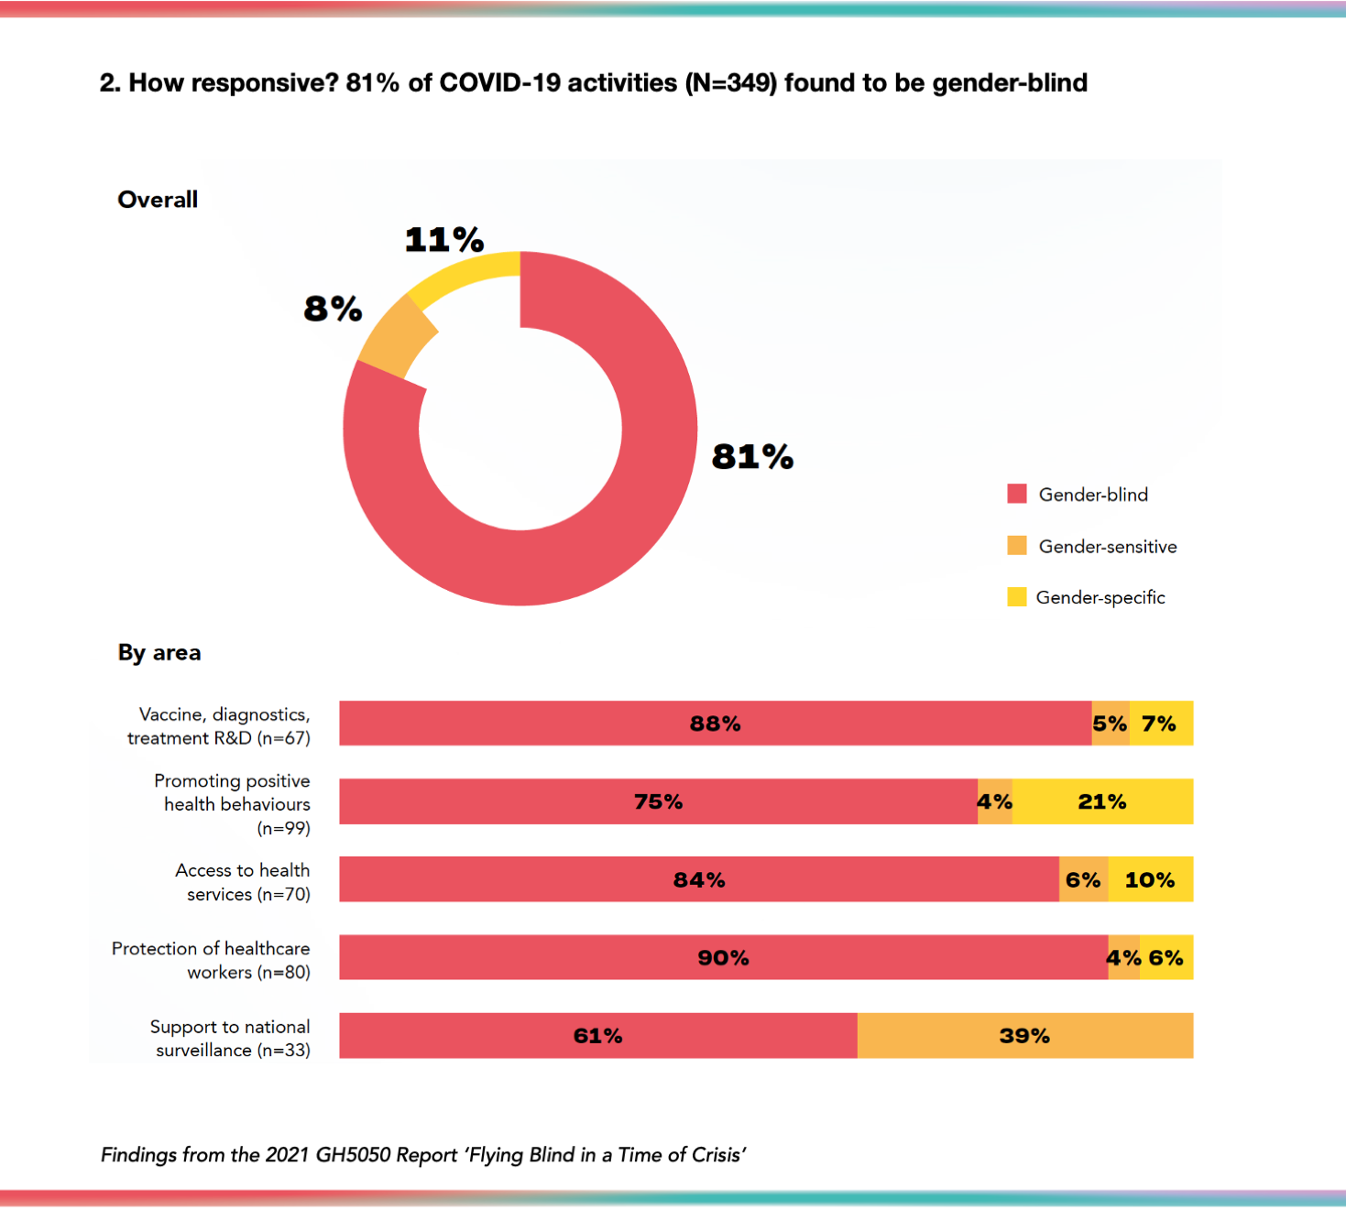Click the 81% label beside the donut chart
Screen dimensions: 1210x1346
click(x=752, y=456)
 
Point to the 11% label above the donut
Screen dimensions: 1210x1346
click(x=444, y=240)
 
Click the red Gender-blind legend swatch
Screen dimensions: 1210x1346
click(x=1016, y=494)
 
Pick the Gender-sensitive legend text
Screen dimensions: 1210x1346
click(x=1107, y=547)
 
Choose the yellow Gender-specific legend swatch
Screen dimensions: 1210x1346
click(x=1016, y=597)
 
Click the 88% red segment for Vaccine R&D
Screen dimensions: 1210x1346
click(x=715, y=724)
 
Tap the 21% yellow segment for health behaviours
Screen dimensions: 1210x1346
click(x=1102, y=801)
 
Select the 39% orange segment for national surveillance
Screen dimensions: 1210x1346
click(x=1024, y=1036)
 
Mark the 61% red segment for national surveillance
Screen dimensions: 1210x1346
click(x=597, y=1036)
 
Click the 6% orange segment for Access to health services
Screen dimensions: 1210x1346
click(x=1083, y=879)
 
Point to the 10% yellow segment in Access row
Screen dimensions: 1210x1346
click(x=1150, y=879)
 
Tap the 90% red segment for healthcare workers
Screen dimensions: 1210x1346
click(x=723, y=958)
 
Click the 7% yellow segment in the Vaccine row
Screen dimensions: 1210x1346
click(x=1160, y=724)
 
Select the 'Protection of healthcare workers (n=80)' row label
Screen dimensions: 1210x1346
click(x=212, y=960)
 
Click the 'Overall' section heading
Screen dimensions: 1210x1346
click(x=158, y=200)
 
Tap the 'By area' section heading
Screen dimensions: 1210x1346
click(x=159, y=653)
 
